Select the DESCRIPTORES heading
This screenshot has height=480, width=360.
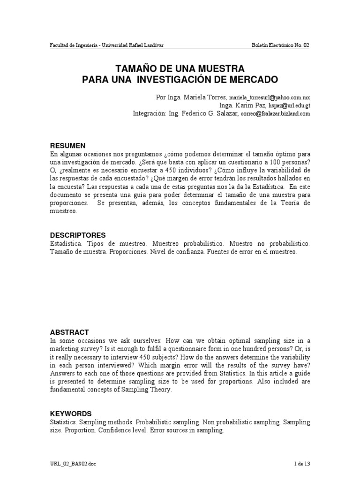point(78,235)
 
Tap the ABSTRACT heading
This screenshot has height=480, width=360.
point(69,332)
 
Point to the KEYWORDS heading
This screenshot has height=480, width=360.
point(71,413)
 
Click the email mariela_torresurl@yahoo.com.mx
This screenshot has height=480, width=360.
point(270,97)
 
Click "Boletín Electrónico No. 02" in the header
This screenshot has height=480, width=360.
point(281,45)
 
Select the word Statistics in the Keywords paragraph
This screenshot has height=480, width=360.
point(64,422)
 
